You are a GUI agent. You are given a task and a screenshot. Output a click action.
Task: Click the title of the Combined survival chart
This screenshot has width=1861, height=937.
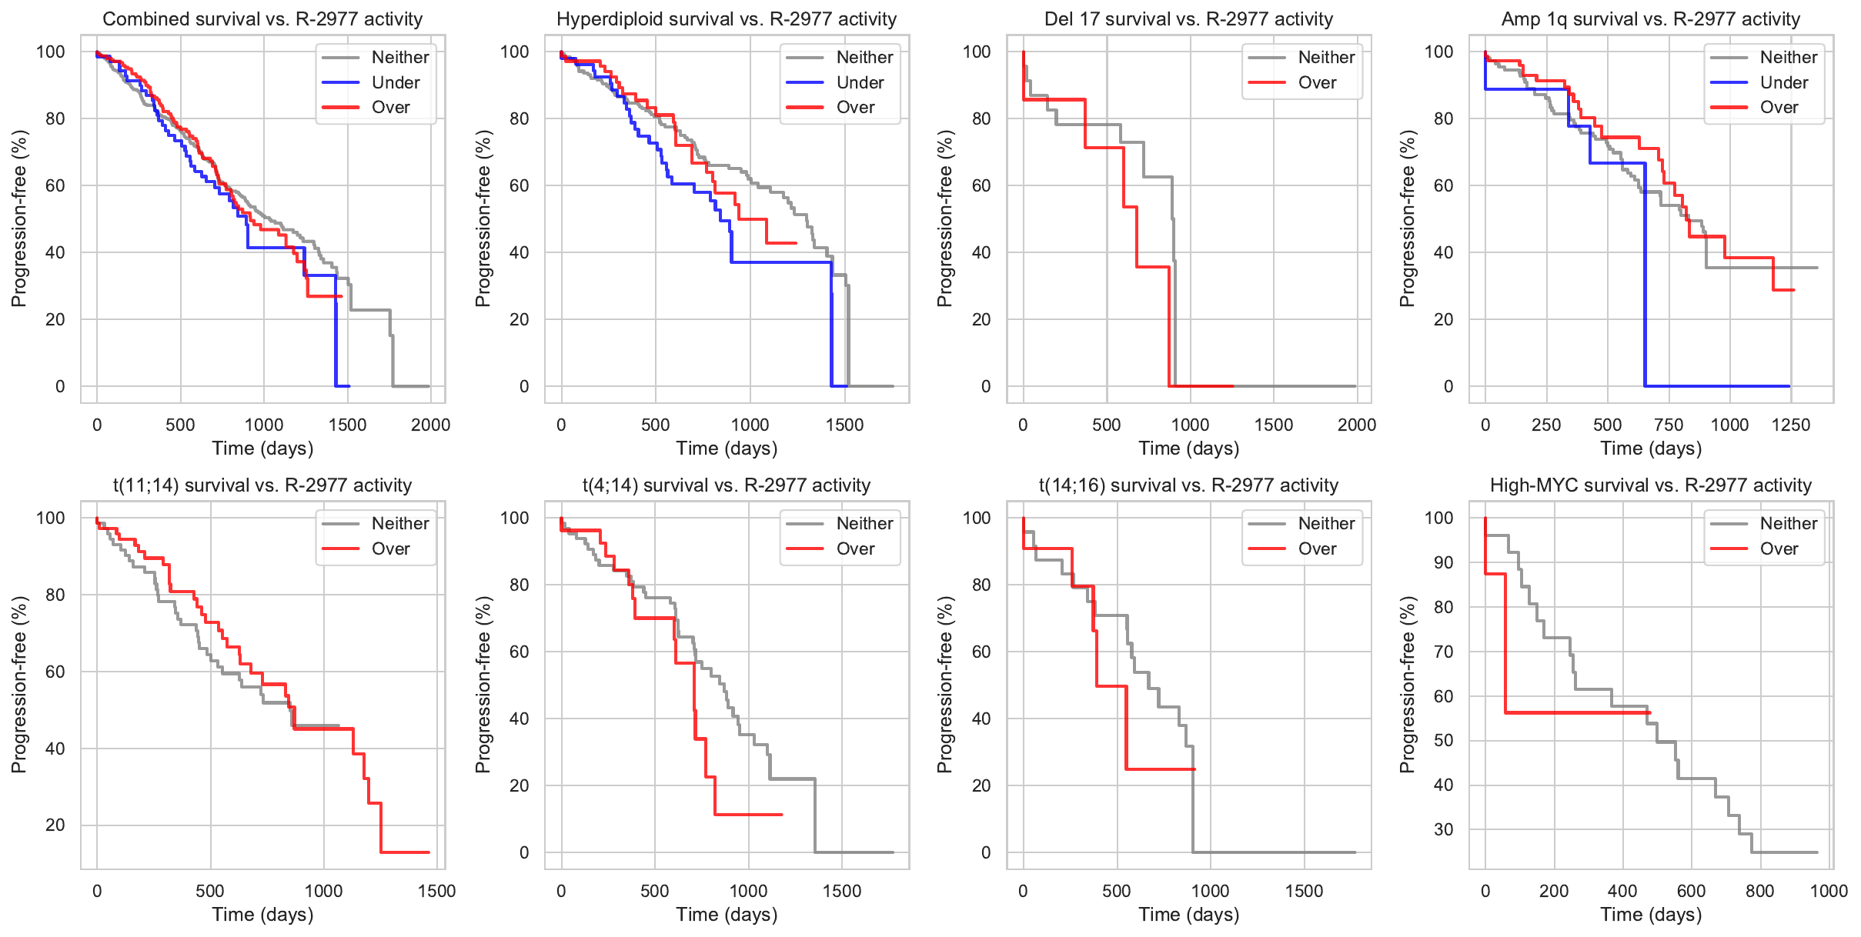click(262, 19)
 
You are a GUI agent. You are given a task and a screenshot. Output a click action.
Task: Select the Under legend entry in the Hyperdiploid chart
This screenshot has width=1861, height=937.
click(860, 82)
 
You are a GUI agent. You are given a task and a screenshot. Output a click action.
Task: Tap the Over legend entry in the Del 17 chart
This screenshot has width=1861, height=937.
click(1317, 82)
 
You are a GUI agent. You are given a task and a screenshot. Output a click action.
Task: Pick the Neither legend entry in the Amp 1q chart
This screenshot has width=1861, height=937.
click(1789, 57)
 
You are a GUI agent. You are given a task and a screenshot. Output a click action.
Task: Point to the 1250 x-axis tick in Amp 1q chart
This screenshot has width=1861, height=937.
click(1791, 425)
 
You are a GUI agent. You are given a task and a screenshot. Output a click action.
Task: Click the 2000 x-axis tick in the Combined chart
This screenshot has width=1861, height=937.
click(430, 425)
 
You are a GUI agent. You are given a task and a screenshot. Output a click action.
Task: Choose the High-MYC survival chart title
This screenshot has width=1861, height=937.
click(1650, 485)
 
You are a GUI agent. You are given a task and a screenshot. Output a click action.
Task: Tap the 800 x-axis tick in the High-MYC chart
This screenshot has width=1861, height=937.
click(1760, 892)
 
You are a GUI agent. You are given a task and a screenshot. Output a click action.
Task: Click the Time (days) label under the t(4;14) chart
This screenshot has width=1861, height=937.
click(727, 915)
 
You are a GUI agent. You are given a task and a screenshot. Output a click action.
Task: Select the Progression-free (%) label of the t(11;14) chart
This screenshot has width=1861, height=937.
click(18, 685)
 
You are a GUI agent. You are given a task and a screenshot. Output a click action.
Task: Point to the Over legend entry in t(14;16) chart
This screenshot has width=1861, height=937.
click(1317, 549)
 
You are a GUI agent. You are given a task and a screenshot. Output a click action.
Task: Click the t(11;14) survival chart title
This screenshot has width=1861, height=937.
click(262, 485)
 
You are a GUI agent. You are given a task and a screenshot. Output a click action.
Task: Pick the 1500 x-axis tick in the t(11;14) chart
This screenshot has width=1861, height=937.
click(436, 892)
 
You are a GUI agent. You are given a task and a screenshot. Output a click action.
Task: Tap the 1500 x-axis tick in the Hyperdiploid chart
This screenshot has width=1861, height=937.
click(844, 425)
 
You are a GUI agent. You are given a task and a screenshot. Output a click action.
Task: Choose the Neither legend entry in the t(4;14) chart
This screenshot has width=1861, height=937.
click(864, 523)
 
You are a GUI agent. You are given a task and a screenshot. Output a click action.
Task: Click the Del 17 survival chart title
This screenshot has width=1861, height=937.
click(1188, 19)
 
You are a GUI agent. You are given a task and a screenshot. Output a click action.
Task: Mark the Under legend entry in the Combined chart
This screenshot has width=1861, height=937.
click(396, 82)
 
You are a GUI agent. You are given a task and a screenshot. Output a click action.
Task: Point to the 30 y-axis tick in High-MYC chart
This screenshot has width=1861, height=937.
click(1443, 830)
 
